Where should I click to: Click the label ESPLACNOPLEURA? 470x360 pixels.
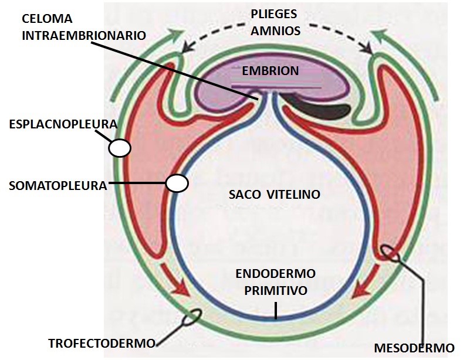click(63, 125)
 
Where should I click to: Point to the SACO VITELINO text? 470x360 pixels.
click(274, 194)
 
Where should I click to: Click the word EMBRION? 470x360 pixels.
click(270, 71)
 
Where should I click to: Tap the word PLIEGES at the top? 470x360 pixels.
click(275, 15)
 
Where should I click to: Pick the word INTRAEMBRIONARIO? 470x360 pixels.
click(84, 35)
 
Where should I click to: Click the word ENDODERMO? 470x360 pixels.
click(276, 274)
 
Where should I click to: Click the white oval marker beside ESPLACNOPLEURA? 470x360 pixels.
click(120, 147)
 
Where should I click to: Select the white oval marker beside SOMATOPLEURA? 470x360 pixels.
click(176, 184)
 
